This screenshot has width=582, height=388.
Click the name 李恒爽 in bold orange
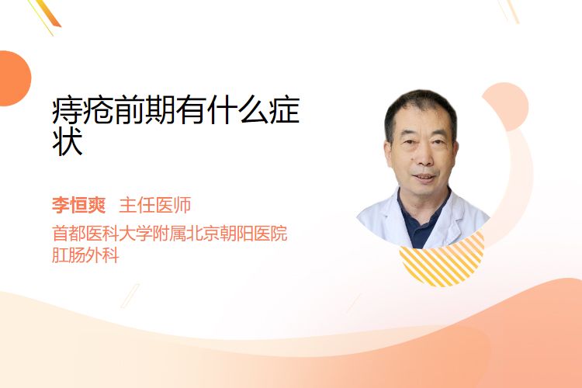click(x=78, y=205)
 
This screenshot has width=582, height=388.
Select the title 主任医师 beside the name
click(x=155, y=205)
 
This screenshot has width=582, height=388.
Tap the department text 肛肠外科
click(x=85, y=255)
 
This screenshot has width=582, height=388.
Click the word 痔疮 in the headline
click(x=83, y=110)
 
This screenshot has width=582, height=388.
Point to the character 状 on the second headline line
click(x=68, y=141)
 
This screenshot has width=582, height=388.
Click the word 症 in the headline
click(x=284, y=110)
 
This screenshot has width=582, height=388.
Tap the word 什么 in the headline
click(x=237, y=110)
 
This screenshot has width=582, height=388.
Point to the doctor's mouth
click(x=424, y=177)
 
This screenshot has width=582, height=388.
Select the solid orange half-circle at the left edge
click(x=14, y=78)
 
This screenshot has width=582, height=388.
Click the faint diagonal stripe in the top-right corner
click(x=509, y=10)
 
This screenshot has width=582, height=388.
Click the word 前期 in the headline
click(x=145, y=110)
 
